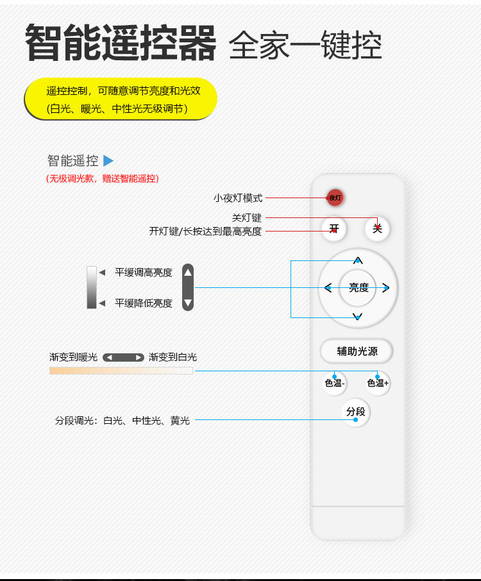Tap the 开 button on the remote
point(334,228)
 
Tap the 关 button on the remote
point(377,228)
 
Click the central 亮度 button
point(359,288)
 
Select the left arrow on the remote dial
point(328,288)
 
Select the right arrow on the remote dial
point(386,288)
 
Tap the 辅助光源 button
point(357,351)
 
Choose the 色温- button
point(335,383)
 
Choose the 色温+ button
point(378,383)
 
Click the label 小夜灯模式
point(238,199)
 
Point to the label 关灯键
point(247,218)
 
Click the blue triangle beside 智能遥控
point(108,161)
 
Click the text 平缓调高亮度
point(144,273)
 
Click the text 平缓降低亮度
point(144,303)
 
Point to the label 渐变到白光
point(173,357)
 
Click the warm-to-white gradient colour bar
point(121,371)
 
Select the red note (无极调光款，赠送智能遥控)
point(103,179)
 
